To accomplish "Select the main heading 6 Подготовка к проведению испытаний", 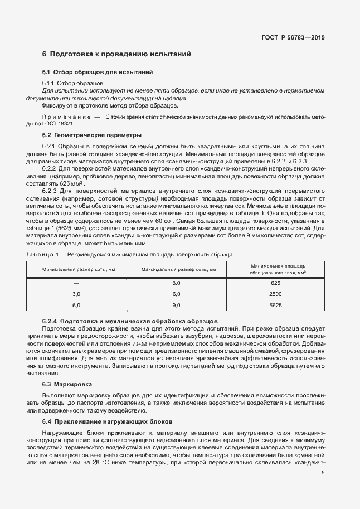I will pyautogui.click(x=116, y=55).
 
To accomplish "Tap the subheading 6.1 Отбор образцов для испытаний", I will pyautogui.click(x=98, y=72).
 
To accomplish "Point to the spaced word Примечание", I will pyautogui.click(x=65, y=118).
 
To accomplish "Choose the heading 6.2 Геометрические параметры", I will pyautogui.click(x=92, y=135).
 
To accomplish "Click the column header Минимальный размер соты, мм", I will pyautogui.click(x=76, y=269).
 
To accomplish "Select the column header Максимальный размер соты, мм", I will pyautogui.click(x=178, y=269).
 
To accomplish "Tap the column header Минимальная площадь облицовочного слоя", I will pyautogui.click(x=278, y=269).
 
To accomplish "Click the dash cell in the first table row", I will pyautogui.click(x=76, y=283).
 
